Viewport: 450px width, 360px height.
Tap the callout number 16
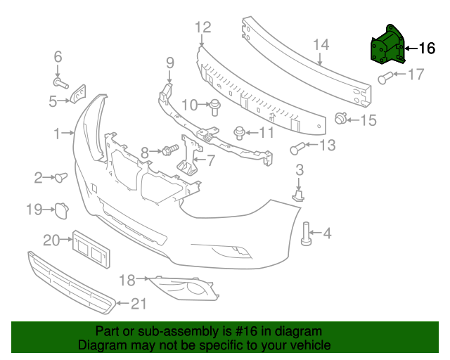coord(427,49)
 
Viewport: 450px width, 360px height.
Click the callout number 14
coord(320,46)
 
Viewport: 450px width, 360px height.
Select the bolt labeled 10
coord(214,107)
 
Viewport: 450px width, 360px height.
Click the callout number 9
coord(169,63)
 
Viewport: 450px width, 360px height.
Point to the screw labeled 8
coord(169,150)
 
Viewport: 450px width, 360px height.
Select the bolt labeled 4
coord(307,234)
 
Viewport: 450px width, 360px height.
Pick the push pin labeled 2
coord(61,176)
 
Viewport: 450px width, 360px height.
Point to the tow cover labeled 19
coord(60,209)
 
